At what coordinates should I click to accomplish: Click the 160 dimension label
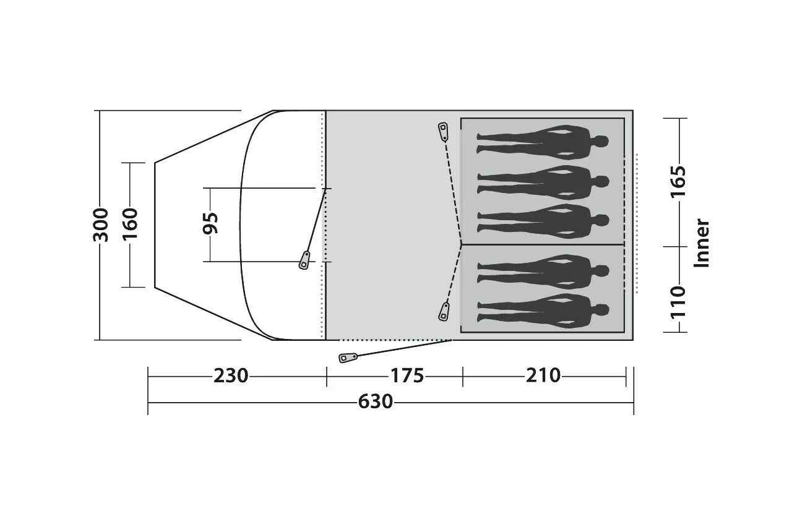click(131, 225)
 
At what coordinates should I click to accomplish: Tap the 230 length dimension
click(231, 375)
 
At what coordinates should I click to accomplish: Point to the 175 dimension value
click(407, 375)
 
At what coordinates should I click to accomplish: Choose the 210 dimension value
click(543, 375)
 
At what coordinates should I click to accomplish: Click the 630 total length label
click(375, 402)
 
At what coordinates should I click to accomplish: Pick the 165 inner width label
click(679, 181)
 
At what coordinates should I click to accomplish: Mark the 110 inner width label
click(679, 301)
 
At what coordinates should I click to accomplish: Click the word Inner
click(702, 242)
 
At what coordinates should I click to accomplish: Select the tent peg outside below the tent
click(348, 358)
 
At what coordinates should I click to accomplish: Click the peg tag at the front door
click(305, 260)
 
